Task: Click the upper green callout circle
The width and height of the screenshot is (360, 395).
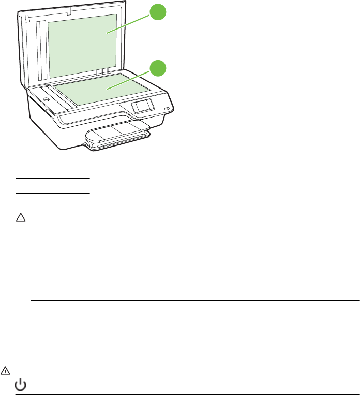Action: pos(158,12)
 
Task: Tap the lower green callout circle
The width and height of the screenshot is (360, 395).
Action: pos(158,68)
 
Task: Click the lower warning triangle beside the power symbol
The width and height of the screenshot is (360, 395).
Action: pos(6,371)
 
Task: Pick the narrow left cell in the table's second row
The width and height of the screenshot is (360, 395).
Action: pos(22,185)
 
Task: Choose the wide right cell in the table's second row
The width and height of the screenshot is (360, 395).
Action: pos(59,185)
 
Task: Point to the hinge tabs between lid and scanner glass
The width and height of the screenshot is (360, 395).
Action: pos(103,70)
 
